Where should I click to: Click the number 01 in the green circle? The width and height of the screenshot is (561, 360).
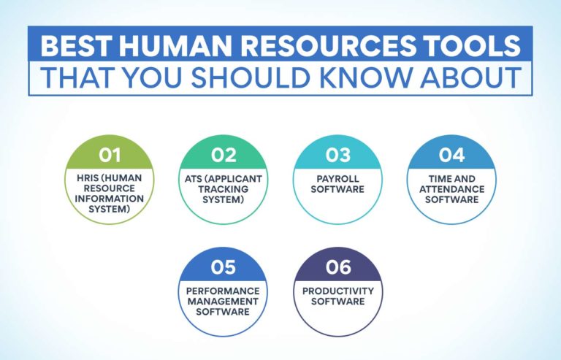(x=110, y=156)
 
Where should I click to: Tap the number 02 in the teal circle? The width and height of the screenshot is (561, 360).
(x=223, y=156)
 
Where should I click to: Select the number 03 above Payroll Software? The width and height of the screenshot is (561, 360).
(x=337, y=156)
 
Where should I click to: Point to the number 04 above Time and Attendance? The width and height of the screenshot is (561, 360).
(x=451, y=156)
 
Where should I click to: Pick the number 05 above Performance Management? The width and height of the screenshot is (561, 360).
(x=223, y=267)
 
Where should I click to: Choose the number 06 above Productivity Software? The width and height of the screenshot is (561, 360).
(x=337, y=267)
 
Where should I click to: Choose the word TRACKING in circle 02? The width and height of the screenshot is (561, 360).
(x=223, y=189)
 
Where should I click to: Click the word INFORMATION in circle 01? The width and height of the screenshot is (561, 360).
(x=110, y=199)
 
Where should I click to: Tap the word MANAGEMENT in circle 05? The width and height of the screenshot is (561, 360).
(x=223, y=301)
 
